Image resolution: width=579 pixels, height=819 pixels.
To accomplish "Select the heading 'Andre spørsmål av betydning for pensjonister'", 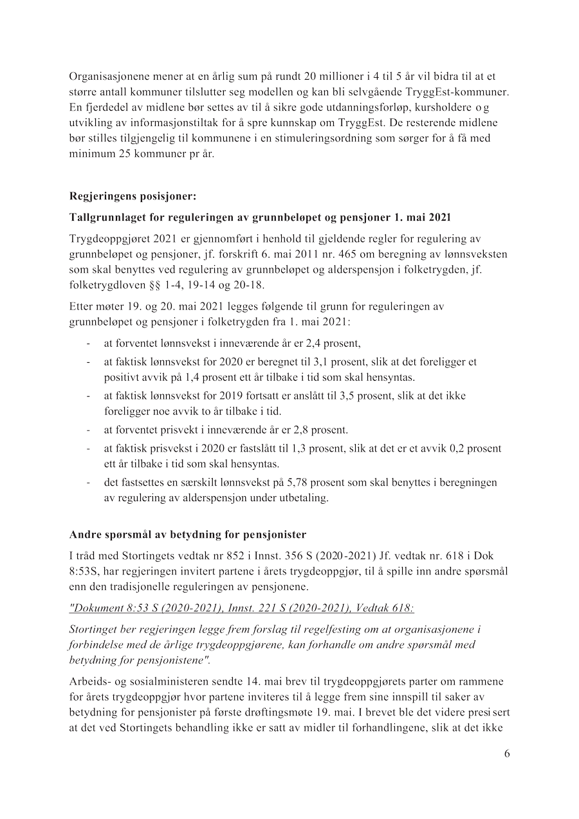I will click(x=188, y=533).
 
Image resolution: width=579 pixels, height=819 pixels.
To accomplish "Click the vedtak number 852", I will click(x=228, y=555).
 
